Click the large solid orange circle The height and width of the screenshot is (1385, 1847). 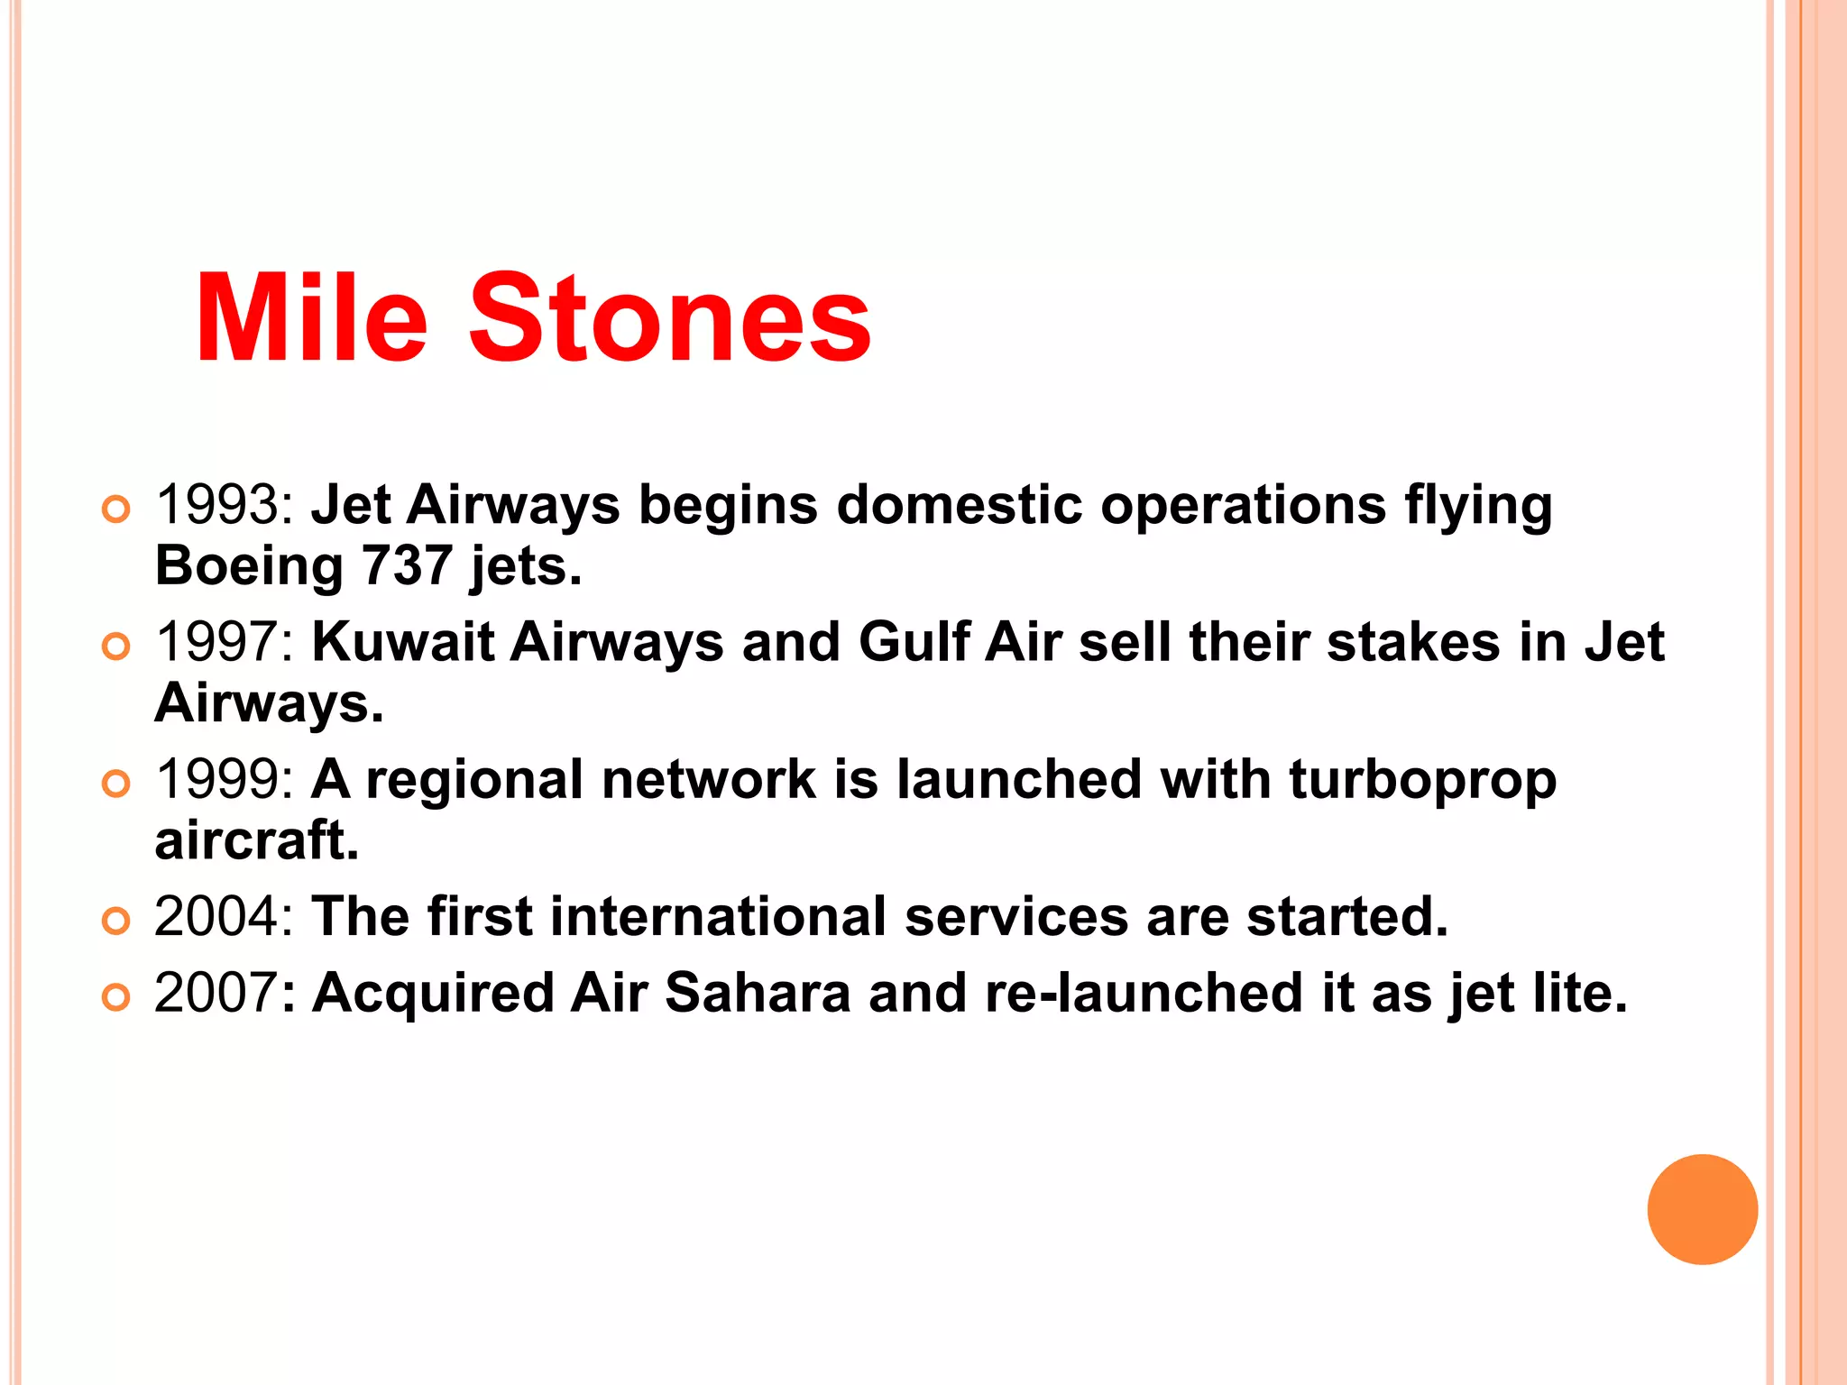1702,1209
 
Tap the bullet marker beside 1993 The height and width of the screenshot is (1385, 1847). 116,509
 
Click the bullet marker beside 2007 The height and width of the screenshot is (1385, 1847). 116,997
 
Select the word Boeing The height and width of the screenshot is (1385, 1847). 249,566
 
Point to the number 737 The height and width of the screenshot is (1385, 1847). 407,566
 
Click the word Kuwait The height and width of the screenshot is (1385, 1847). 403,643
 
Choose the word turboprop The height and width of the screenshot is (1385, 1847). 1422,780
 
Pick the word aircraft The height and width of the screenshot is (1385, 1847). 257,841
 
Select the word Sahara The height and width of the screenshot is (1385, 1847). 758,994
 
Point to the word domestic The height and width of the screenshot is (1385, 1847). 959,505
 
